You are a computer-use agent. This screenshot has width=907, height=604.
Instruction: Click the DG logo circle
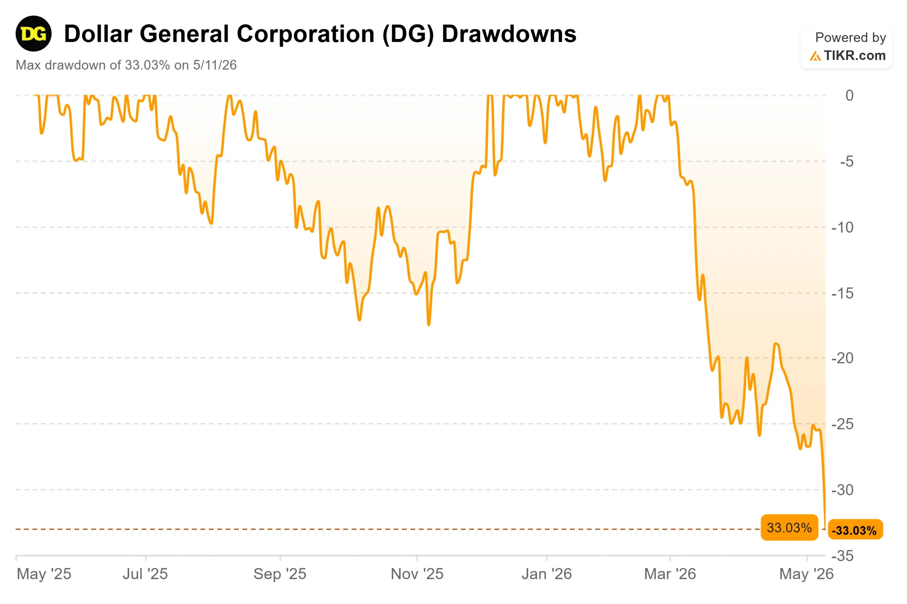point(34,34)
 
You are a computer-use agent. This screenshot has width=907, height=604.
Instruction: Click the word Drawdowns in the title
point(508,34)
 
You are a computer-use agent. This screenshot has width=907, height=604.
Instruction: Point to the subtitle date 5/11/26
point(215,65)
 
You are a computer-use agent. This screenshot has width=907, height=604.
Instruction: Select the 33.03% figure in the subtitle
point(147,65)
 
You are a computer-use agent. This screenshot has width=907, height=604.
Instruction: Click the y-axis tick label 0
point(849,96)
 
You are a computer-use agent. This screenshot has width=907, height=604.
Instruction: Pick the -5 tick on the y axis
point(846,161)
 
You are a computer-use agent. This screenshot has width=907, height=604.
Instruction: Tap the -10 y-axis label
point(842,227)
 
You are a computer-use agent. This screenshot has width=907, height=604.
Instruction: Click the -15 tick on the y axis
point(842,294)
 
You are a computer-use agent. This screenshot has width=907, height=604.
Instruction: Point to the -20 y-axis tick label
point(842,358)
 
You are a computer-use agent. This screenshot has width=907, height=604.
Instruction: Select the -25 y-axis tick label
point(842,424)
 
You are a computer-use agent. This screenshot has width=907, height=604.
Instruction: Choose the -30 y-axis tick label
point(842,490)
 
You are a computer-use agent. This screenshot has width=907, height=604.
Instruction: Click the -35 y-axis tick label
point(842,556)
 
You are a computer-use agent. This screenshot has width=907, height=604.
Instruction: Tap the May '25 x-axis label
point(44,574)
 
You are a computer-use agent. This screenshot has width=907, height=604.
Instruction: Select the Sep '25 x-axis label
point(280,574)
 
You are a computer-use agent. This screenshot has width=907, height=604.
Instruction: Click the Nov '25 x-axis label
point(417,574)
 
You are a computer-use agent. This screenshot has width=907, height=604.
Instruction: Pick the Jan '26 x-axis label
point(546,574)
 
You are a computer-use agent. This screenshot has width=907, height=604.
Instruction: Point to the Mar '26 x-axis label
point(670,574)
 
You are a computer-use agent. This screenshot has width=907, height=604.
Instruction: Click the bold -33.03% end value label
point(854,530)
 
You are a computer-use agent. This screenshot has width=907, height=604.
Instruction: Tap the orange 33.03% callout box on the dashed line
point(789,527)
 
